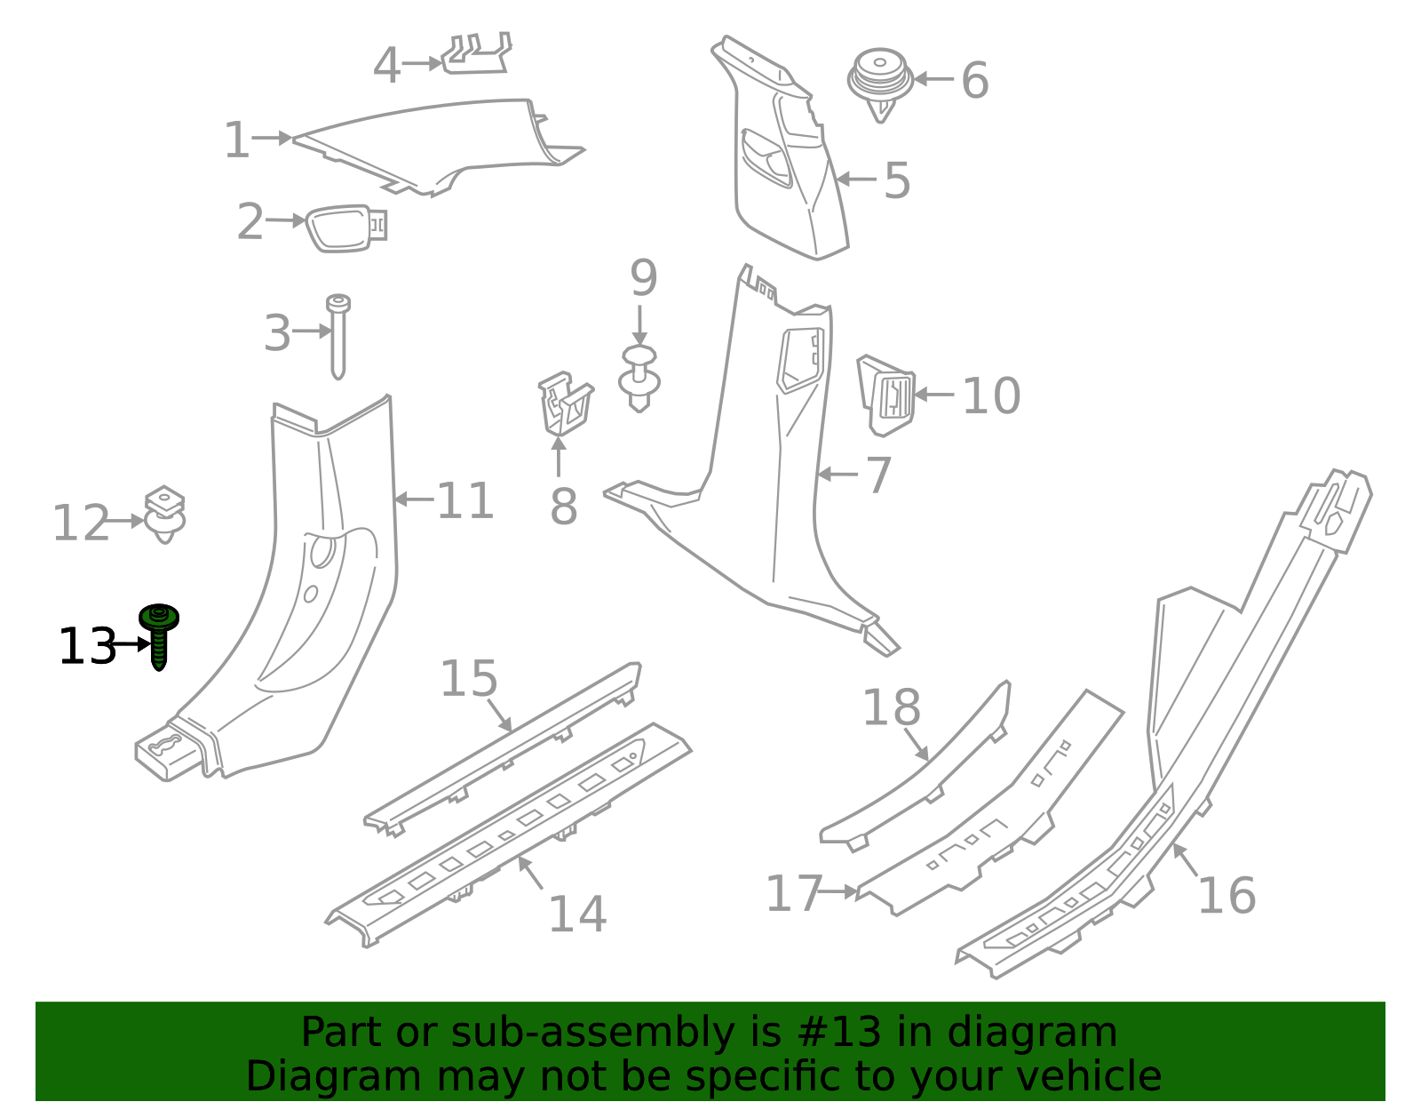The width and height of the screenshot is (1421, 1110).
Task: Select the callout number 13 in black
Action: coord(87,646)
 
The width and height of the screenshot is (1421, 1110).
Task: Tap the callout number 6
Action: coord(974,81)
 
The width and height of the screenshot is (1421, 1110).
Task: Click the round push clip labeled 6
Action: coord(880,80)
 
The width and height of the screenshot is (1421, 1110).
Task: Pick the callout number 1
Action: coord(236,140)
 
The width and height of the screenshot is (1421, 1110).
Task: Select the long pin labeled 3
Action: coord(338,336)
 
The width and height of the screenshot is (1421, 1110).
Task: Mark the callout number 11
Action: coord(465,501)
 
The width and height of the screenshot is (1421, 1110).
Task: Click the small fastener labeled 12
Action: coord(165,515)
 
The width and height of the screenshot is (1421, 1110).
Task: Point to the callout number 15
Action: coord(469,679)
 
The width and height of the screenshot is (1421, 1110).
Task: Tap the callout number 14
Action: coord(577,914)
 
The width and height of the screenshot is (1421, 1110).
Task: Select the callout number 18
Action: coord(892,708)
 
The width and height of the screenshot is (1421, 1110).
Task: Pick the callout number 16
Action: coord(1227,895)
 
